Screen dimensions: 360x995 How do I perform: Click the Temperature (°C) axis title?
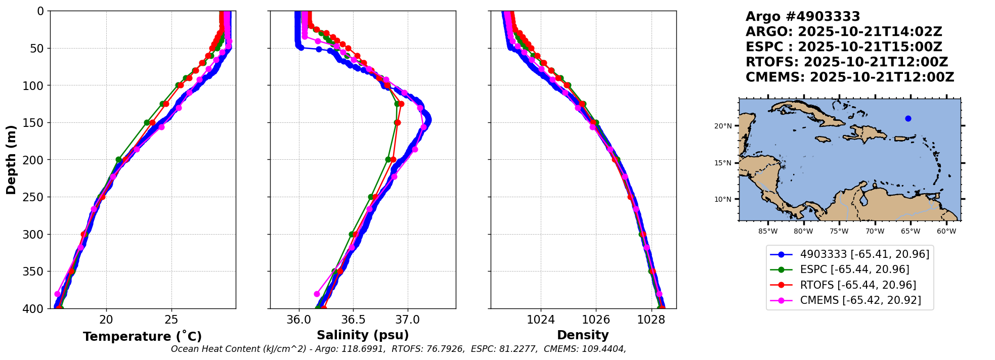point(142,337)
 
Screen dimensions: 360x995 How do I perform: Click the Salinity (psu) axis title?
point(363,335)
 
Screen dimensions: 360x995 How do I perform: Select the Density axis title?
point(583,335)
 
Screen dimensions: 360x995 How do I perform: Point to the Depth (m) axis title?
point(11,159)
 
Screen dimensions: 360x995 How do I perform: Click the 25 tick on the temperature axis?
point(171,320)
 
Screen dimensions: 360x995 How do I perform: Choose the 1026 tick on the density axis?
point(596,320)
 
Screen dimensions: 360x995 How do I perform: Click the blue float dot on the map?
point(908,118)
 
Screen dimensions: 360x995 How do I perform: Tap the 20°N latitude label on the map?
point(723,126)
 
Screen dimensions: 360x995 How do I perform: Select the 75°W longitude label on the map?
point(839,232)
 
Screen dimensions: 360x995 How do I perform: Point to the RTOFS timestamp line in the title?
point(846,62)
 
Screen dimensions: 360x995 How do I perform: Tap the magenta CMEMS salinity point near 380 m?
point(317,294)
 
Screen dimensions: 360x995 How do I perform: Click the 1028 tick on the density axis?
point(651,320)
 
